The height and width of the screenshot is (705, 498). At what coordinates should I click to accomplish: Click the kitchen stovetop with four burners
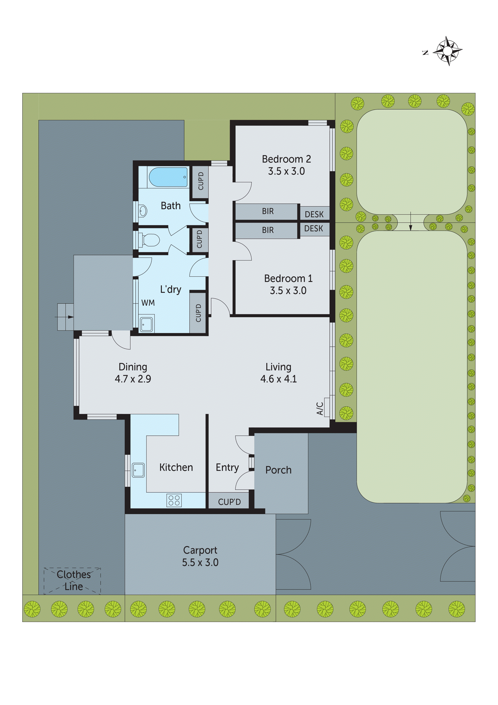point(174,500)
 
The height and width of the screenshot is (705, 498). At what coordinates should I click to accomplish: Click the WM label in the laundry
point(148,303)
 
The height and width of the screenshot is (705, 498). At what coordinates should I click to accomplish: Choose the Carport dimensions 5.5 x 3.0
point(200,562)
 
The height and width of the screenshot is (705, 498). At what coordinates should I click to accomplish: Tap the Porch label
point(278,470)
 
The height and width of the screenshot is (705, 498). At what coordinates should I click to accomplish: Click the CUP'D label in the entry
point(229,502)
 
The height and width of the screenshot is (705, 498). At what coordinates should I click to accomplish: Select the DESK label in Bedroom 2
point(314,214)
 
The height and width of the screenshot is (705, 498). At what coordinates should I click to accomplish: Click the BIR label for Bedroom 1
point(267,230)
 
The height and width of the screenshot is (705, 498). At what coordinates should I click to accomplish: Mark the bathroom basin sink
point(143,211)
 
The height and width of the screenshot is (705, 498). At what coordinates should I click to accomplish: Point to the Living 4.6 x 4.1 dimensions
point(278,379)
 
